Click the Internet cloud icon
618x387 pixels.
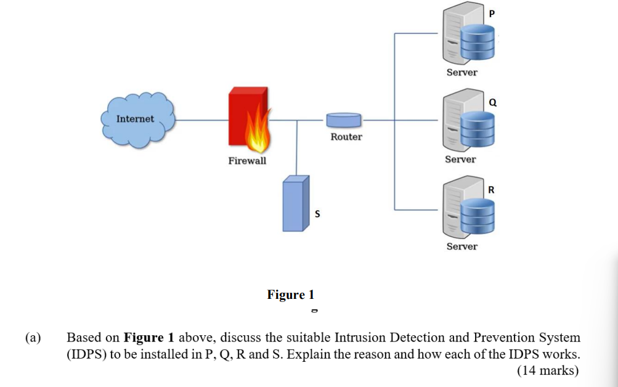coord(136,119)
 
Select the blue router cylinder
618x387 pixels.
coord(344,120)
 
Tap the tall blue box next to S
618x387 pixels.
coord(295,203)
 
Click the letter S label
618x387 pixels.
coord(317,214)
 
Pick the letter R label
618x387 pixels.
coord(491,189)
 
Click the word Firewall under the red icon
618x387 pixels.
coord(247,161)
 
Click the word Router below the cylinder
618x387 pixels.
coord(346,137)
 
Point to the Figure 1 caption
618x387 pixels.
coord(290,295)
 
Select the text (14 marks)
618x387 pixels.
coord(548,370)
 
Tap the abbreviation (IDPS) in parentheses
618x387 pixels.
coord(86,354)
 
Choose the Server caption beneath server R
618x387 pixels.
coord(461,246)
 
